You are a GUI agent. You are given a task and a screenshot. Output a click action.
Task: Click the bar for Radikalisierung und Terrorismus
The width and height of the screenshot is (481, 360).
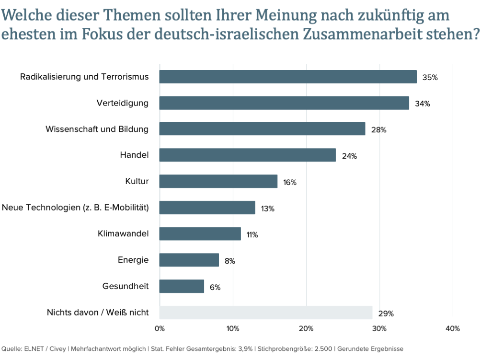coord(288,77)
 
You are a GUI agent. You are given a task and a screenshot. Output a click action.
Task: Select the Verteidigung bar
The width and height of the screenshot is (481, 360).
coord(284,103)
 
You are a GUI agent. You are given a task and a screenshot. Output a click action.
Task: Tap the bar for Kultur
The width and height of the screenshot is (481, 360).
coord(218,181)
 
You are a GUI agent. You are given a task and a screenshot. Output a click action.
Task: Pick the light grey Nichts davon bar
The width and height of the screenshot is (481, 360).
coord(266,313)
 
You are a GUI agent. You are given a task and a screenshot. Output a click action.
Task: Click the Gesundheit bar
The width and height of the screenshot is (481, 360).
coord(182,286)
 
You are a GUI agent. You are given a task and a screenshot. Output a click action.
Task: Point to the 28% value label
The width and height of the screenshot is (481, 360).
coord(379,130)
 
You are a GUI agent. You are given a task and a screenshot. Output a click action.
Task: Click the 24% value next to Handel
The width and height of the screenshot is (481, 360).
coord(349,156)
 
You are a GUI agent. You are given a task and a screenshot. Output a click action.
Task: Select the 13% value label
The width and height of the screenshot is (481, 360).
coord(267,209)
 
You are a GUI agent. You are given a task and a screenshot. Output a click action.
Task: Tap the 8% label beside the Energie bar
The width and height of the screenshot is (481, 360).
coord(230,261)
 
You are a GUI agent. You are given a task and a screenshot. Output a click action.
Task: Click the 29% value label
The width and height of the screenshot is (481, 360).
coord(386,314)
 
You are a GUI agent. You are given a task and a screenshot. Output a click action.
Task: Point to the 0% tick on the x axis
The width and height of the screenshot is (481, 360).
coord(160,328)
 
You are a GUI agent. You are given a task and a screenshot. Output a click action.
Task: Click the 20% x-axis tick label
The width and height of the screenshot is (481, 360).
coord(306,328)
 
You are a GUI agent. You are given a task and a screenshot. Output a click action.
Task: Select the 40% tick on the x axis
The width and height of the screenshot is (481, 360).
coord(453,328)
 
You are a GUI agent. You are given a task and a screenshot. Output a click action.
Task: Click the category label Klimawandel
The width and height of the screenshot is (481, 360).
coord(123,233)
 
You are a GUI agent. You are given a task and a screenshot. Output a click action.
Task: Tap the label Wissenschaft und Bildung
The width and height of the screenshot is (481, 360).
coord(97,129)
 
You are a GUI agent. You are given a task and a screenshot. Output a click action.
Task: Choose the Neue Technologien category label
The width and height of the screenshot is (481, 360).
coord(76,208)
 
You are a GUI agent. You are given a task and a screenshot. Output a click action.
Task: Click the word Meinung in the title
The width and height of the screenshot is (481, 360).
coord(286,15)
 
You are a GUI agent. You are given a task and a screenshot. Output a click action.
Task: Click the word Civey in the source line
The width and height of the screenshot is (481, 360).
coord(57,348)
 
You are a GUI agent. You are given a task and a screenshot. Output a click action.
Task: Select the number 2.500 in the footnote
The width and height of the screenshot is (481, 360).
coord(323,348)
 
